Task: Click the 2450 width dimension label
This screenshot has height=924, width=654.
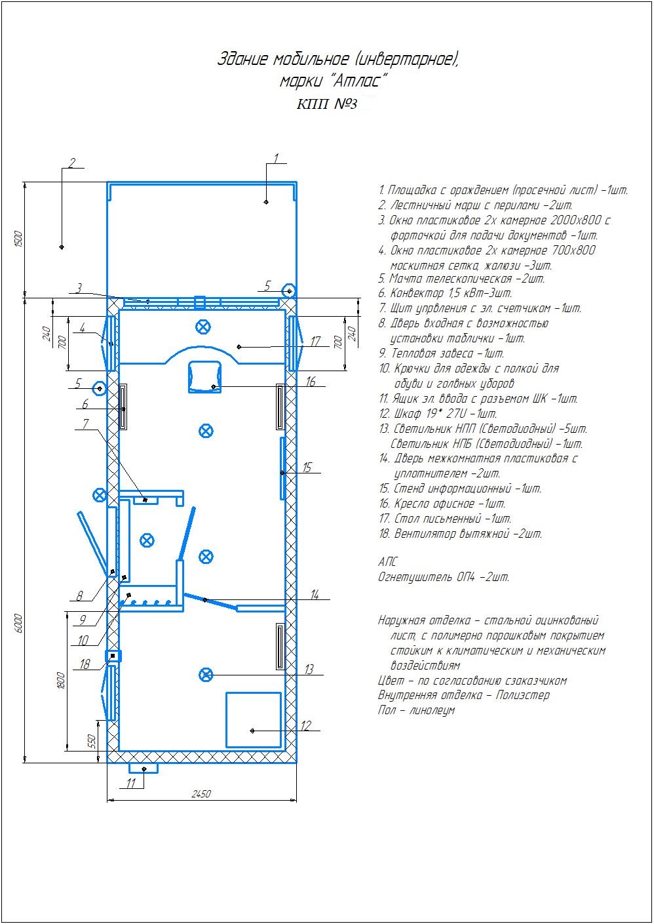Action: pos(201,794)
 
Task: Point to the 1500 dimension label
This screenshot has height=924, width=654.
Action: pos(18,239)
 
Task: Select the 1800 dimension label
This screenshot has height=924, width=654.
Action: pos(60,681)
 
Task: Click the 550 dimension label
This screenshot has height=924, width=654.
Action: pos(92,741)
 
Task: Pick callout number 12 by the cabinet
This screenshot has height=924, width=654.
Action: pos(306,725)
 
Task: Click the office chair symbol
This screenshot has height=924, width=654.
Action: pos(205,376)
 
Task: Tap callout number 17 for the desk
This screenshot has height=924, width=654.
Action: pos(315,341)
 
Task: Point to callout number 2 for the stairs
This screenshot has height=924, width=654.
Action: pos(71,163)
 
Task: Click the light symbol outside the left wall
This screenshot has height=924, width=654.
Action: pos(100,494)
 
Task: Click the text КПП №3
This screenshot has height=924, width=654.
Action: pos(327,104)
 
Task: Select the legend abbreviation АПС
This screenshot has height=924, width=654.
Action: pos(388,562)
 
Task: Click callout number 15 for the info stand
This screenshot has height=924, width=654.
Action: pos(307,468)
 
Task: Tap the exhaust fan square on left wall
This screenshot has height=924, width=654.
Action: pos(113,656)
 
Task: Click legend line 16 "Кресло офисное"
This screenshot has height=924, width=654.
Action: pos(442,504)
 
